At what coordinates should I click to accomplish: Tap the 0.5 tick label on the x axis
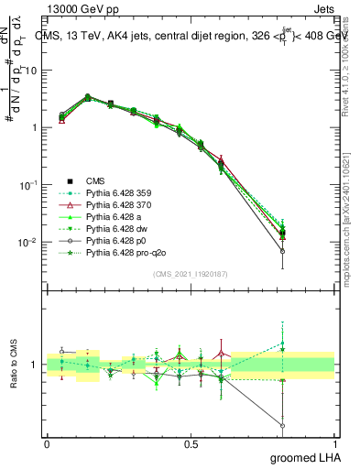coord(191,443)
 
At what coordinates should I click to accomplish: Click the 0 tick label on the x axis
coord(47,443)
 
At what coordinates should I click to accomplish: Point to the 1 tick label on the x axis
coord(334,443)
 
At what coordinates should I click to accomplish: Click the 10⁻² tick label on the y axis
coord(27,243)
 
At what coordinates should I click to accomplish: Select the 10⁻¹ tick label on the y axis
coord(27,185)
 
